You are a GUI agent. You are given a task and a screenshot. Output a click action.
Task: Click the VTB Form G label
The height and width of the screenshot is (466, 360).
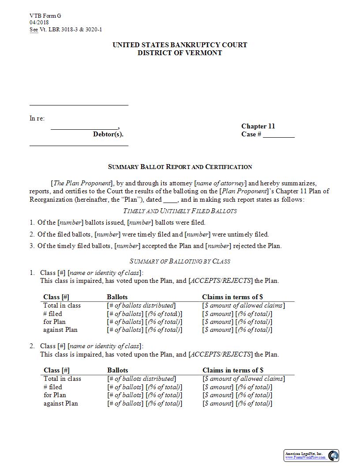45,16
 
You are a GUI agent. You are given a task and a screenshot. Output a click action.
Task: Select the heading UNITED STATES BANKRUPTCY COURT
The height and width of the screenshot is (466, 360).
180,45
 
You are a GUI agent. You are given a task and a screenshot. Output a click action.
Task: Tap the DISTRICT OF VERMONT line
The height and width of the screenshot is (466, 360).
180,53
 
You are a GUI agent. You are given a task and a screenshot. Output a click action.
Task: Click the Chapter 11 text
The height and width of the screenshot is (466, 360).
258,126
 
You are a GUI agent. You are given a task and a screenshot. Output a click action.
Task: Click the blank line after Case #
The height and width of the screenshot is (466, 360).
279,135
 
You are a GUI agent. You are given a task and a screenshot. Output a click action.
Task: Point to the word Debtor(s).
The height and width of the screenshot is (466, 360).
108,134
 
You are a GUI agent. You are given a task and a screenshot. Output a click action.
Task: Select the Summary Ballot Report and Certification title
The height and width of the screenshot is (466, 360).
180,167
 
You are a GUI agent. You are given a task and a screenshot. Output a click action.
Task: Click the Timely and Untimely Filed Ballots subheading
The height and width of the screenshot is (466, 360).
180,211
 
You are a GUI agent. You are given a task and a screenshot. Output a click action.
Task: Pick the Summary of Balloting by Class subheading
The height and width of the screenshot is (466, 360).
180,261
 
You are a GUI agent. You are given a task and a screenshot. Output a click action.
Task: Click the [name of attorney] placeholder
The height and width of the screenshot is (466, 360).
220,183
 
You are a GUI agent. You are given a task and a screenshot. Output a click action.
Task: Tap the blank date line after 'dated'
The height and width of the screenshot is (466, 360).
170,200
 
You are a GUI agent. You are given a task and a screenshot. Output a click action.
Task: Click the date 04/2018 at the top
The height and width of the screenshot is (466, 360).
39,23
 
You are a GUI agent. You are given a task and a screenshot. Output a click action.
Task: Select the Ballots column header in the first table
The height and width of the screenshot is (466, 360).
117,297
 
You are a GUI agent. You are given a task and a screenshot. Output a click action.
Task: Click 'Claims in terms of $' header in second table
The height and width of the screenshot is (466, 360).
233,370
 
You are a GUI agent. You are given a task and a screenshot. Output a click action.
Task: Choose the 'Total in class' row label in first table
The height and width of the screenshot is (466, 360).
62,305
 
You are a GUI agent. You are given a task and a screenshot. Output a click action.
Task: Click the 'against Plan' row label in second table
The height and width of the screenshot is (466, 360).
60,403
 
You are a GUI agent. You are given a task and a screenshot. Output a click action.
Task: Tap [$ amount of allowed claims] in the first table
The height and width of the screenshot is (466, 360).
243,305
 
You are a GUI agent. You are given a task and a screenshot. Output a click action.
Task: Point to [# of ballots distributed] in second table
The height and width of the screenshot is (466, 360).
142,379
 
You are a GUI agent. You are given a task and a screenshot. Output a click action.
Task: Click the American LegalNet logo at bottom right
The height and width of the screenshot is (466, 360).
311,455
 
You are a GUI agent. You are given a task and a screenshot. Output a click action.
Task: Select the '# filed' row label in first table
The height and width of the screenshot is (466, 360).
52,314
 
